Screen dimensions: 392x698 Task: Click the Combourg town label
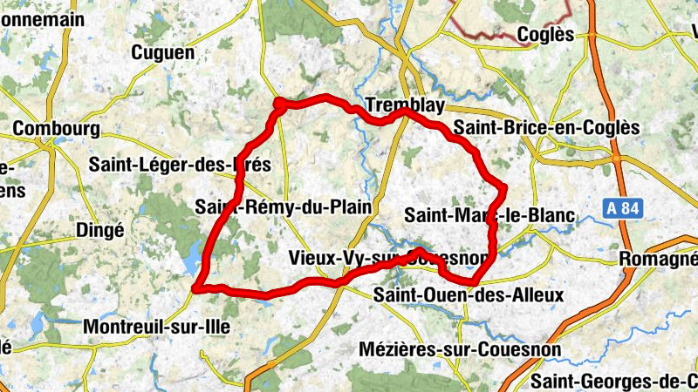coord(57,128)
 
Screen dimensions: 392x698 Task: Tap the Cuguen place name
coord(162,53)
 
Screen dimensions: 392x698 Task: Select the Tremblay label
coord(406,105)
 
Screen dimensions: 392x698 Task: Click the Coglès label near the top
coord(545,34)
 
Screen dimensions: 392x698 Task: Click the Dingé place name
coord(100,230)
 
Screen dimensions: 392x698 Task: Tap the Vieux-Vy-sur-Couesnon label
coord(388,258)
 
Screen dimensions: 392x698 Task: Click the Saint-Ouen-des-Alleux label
coord(469,295)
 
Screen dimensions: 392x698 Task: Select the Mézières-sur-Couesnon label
coord(460,349)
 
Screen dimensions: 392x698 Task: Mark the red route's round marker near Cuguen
coord(279,105)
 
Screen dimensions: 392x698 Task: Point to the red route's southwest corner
coord(198,287)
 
